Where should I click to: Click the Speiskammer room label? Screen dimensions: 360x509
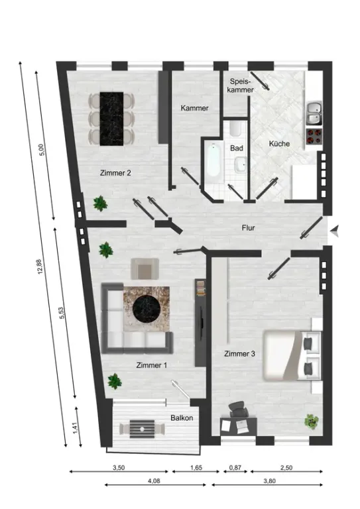(x=240, y=85)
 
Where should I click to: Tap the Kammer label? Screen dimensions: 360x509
(x=194, y=108)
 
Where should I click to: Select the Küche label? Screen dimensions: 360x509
(x=279, y=143)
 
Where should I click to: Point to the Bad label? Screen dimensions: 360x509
(x=237, y=148)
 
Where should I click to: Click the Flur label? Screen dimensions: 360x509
(x=249, y=228)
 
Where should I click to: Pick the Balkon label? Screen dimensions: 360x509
(x=182, y=418)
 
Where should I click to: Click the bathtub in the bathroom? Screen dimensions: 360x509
(x=214, y=160)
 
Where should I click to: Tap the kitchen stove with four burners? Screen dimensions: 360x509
(x=314, y=137)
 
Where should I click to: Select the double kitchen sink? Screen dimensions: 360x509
(x=314, y=113)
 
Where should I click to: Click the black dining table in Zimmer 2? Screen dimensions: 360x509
(x=111, y=119)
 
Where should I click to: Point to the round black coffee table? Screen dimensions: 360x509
(x=147, y=309)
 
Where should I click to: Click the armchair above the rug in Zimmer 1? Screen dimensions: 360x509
(x=145, y=269)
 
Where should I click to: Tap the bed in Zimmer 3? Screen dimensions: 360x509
(x=292, y=355)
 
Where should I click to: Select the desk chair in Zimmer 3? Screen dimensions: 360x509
(x=239, y=409)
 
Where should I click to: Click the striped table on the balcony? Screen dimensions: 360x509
(x=142, y=429)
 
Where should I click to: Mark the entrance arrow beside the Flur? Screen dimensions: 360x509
(x=335, y=231)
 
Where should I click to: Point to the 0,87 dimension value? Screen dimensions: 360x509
(x=235, y=468)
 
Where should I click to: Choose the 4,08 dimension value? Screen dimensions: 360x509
(x=154, y=481)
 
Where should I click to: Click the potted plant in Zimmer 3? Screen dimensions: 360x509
(x=312, y=422)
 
